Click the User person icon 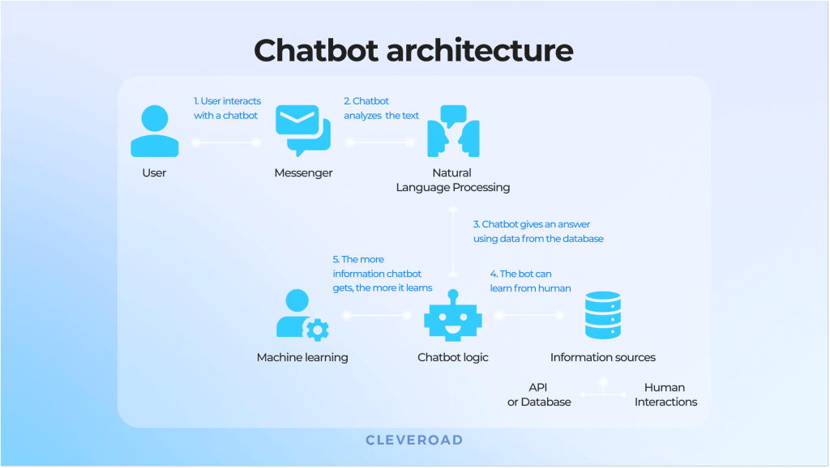coord(154,132)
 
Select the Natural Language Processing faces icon coord(452,130)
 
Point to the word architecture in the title coord(479,50)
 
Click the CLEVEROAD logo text coord(414,440)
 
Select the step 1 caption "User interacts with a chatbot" coord(227,108)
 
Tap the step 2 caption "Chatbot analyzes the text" coord(381,108)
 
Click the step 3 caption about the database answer coord(538,232)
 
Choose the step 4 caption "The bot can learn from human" coord(530,281)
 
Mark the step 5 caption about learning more coord(382,274)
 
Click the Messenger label coord(303,173)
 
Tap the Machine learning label coord(302,357)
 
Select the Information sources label coord(602,357)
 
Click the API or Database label coord(539,394)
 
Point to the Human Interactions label coord(665,394)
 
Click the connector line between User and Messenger coord(225,143)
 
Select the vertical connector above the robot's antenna coord(453,243)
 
